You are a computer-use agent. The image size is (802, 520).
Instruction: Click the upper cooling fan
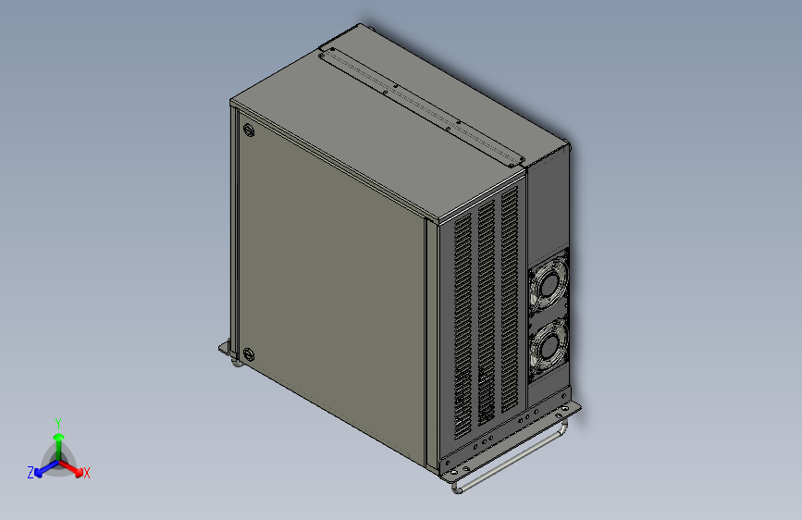coord(548,284)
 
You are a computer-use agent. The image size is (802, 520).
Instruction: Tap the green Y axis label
coord(58,422)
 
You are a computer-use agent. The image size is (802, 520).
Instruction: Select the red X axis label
coord(87,473)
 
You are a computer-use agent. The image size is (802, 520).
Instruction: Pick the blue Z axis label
coord(31,472)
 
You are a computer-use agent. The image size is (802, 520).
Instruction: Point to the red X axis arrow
coord(74,466)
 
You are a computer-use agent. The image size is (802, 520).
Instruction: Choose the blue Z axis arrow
coord(43,467)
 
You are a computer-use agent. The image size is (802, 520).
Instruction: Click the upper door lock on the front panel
coord(248,130)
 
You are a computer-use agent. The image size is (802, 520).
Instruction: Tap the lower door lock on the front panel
coord(247,353)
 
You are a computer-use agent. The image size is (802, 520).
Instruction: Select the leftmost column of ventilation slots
coord(463,324)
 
